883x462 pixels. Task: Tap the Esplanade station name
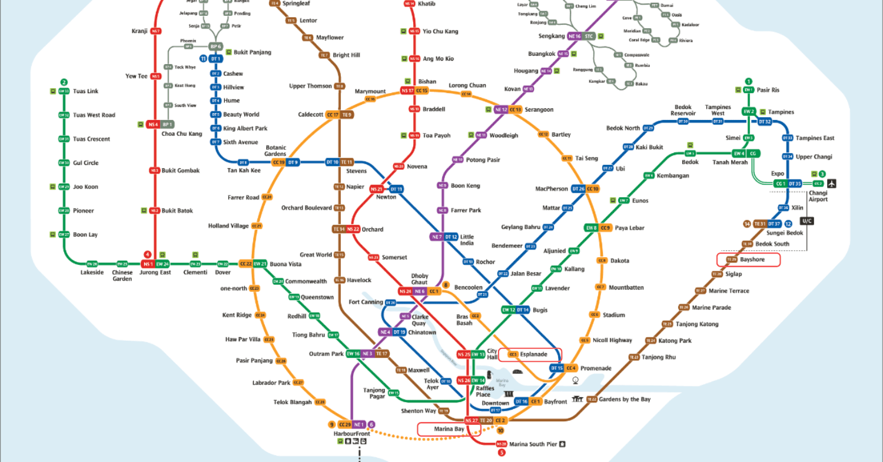click(x=533, y=354)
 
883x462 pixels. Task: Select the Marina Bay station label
click(x=449, y=429)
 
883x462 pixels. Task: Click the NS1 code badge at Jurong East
click(x=148, y=264)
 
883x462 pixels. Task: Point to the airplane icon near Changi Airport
click(x=832, y=183)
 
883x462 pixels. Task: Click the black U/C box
click(x=806, y=221)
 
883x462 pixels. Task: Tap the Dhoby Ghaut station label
click(x=419, y=279)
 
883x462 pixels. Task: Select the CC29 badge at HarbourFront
click(x=344, y=424)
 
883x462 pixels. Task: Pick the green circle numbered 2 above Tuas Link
click(x=64, y=82)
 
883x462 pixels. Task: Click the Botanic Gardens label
click(x=275, y=151)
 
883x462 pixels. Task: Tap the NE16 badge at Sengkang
click(x=575, y=36)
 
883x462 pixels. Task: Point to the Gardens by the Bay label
click(x=625, y=399)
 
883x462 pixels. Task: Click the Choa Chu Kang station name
click(x=181, y=134)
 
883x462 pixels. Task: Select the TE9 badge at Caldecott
click(x=347, y=115)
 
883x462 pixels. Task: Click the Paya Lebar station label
click(x=629, y=228)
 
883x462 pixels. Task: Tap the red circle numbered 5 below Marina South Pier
click(x=502, y=453)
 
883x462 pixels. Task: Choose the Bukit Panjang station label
click(x=252, y=52)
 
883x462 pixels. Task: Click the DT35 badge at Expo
click(x=795, y=184)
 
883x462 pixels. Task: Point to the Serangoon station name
click(x=539, y=109)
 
